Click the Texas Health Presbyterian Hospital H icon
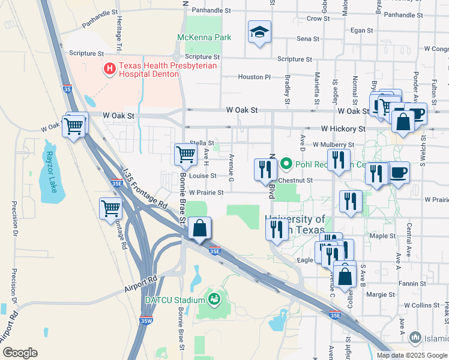109,69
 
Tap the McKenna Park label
204,37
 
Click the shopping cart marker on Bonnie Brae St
185,154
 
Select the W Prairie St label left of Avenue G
206,193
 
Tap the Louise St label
202,176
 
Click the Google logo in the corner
20,353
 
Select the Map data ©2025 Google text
412,355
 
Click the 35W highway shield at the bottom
146,320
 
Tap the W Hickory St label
343,128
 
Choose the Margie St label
381,295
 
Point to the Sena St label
308,38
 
